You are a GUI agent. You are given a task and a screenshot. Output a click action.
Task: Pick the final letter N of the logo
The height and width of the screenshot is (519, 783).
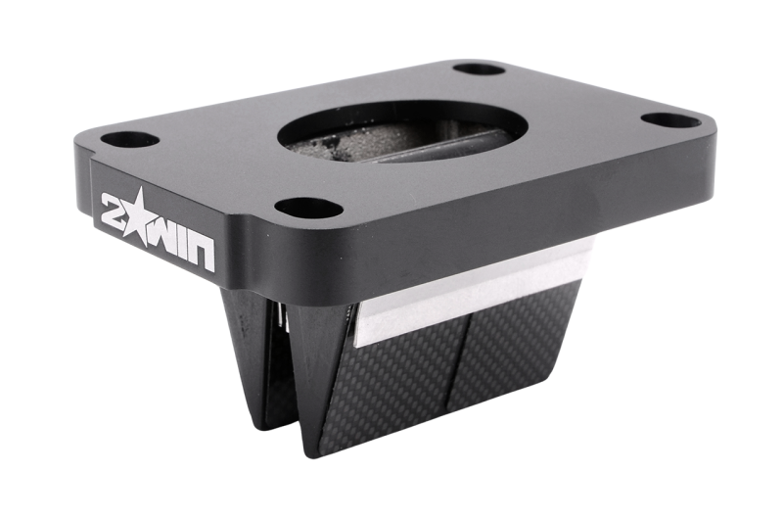pos(203,254)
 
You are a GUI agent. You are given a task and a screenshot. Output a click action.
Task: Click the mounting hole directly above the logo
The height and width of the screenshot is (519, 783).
pos(130,139)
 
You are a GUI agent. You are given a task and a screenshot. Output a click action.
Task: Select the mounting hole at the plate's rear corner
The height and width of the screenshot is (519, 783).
pos(480,69)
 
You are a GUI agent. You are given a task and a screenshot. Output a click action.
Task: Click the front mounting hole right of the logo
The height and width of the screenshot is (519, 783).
pos(309,208)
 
